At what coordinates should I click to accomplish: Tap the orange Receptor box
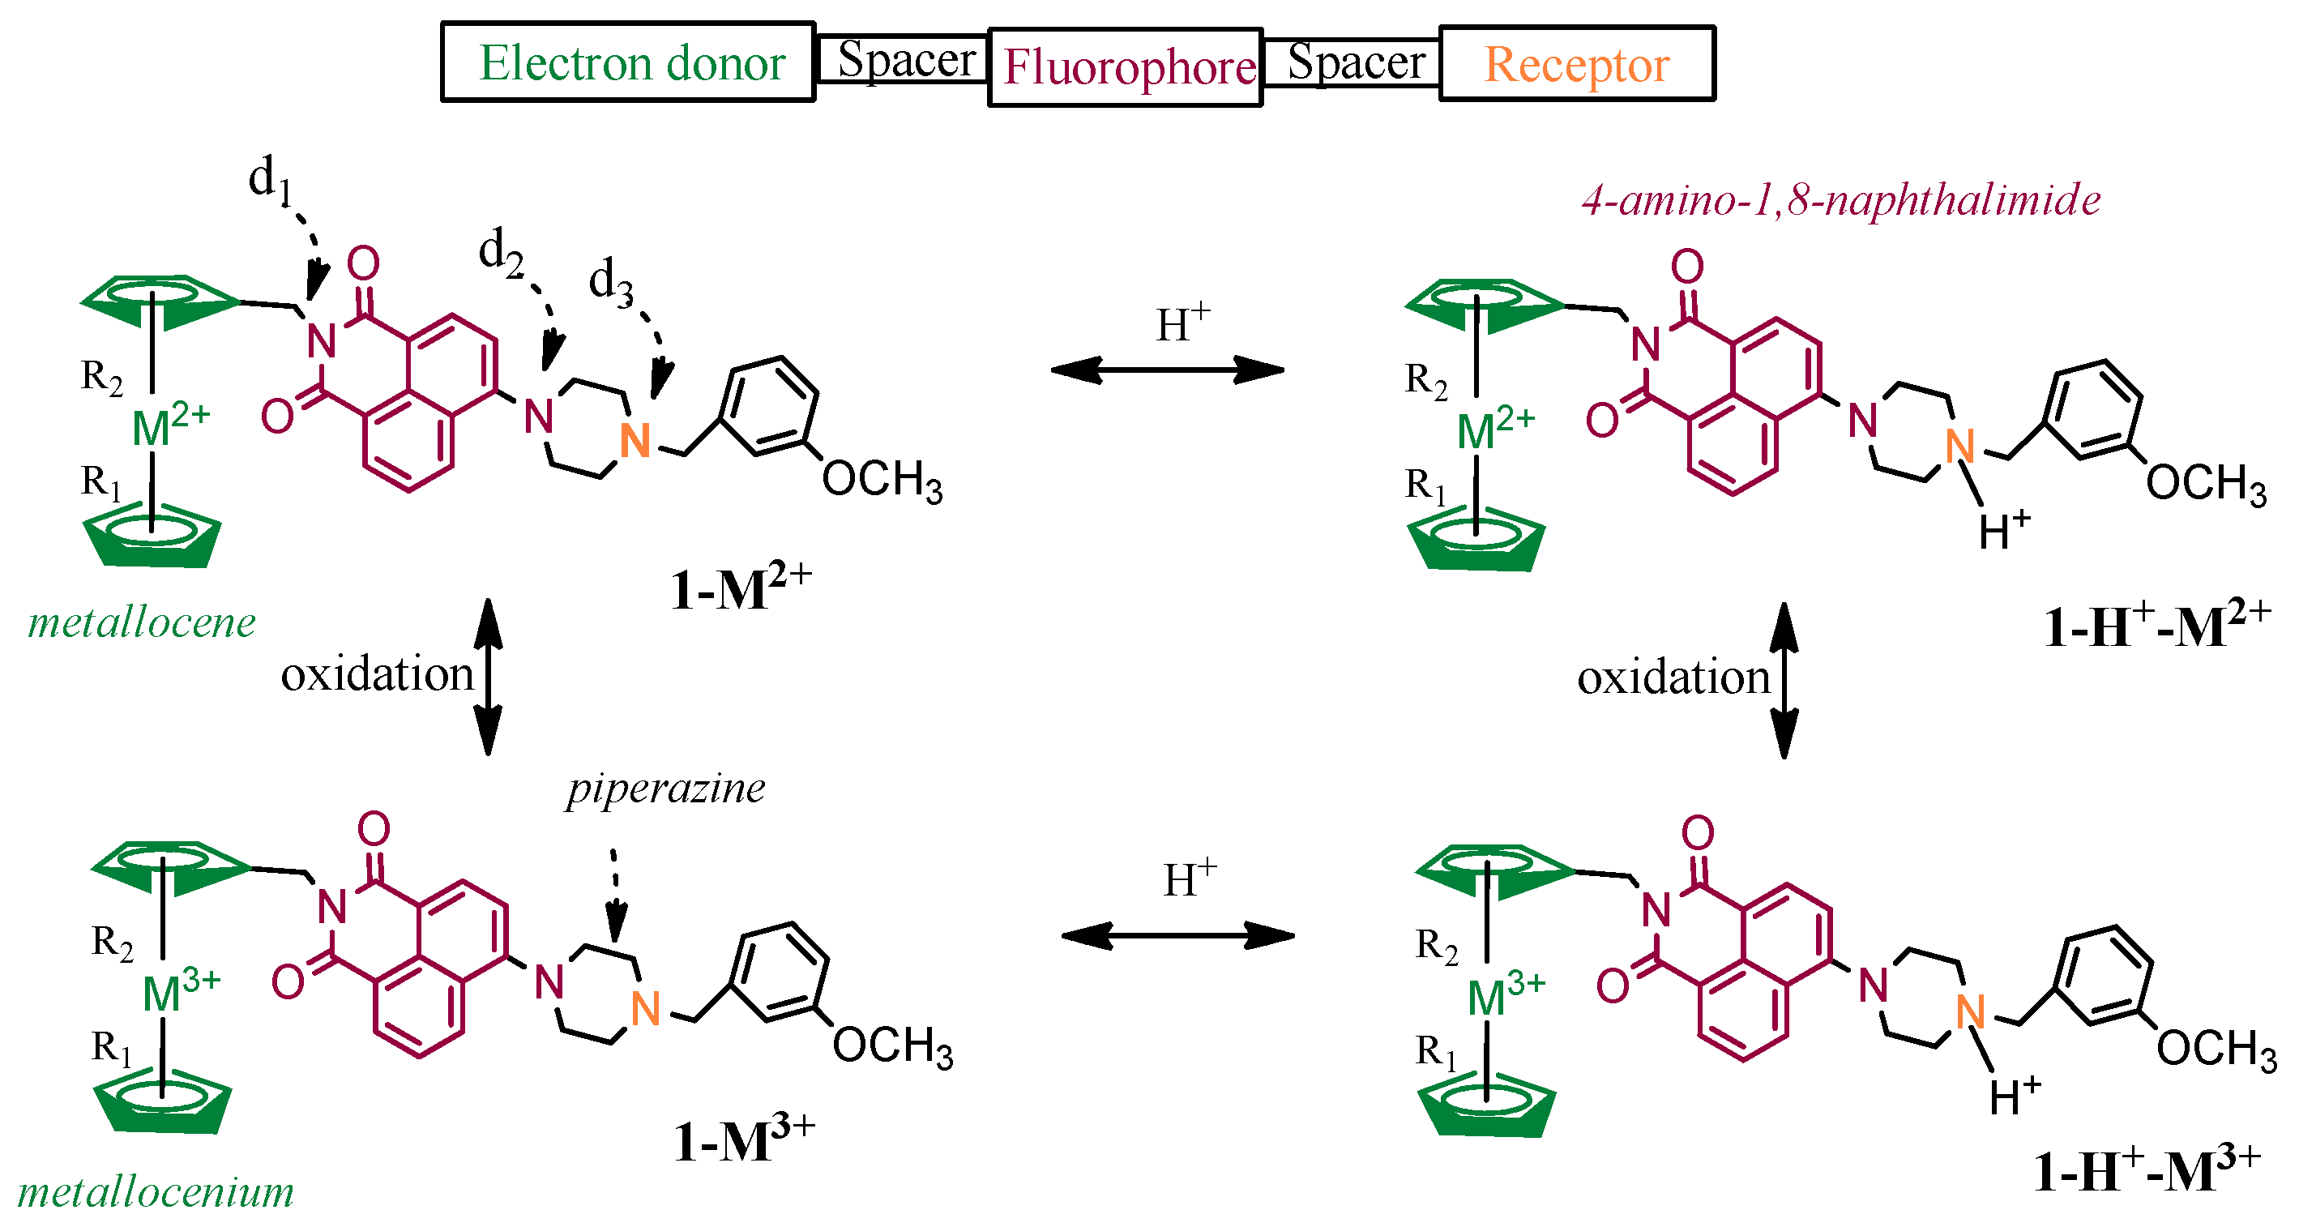point(1576,64)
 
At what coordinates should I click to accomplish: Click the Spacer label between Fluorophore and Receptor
point(1355,62)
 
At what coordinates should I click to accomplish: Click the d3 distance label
point(610,283)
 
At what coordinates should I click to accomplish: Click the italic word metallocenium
point(156,1191)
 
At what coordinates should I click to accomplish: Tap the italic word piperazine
point(666,788)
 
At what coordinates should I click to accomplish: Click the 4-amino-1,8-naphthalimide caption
point(1840,199)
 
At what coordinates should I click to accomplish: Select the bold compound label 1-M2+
point(740,588)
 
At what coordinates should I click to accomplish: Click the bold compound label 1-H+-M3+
point(2146,1170)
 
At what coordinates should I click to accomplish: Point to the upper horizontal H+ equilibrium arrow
point(1168,369)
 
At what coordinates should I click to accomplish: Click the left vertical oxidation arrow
point(487,677)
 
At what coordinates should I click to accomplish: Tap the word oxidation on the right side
point(1673,678)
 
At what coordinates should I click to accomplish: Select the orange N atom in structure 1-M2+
point(635,441)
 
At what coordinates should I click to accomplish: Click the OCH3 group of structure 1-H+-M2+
point(2205,485)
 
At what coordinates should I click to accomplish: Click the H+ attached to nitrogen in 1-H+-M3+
point(2015,1097)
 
